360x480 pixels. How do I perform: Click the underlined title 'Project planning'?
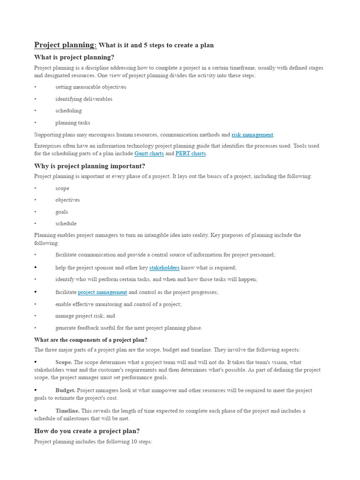tap(65, 45)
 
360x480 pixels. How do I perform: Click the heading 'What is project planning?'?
tap(74, 57)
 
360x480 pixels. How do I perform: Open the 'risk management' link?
tap(252, 135)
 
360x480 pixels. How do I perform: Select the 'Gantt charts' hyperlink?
tap(149, 153)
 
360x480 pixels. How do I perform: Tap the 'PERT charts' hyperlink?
tap(190, 153)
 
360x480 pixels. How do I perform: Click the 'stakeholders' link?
tap(164, 268)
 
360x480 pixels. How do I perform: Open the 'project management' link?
tap(102, 292)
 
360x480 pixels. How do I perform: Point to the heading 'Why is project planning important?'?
tap(90, 166)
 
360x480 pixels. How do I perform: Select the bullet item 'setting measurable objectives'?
tap(90, 87)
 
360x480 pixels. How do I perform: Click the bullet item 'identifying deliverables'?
tap(83, 99)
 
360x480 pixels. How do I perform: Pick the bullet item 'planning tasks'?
tap(73, 123)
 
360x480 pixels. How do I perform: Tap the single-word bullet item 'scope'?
tap(62, 188)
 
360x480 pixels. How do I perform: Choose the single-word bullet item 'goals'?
tap(61, 212)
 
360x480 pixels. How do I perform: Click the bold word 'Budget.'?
tap(65, 390)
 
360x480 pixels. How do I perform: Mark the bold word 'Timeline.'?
tap(67, 411)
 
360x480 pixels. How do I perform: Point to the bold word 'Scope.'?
tap(64, 362)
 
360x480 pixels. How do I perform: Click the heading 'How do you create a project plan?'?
tap(87, 431)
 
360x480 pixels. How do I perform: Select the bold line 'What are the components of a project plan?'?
tap(90, 340)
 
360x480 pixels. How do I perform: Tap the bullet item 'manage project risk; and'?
tap(85, 316)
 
